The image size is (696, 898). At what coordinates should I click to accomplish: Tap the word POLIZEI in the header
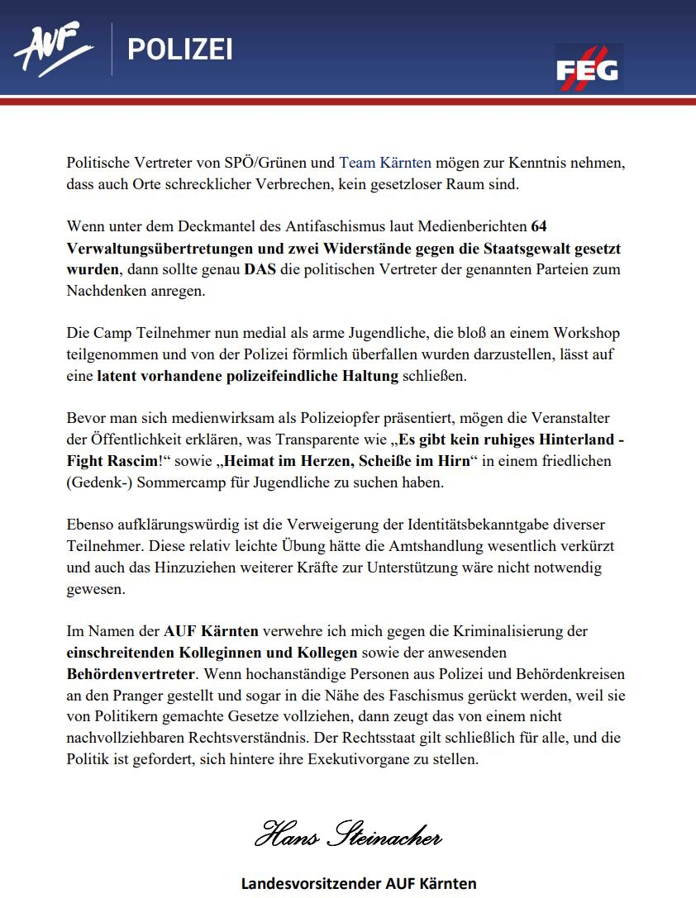tap(179, 50)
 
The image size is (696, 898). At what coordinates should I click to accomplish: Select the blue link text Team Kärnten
tap(385, 163)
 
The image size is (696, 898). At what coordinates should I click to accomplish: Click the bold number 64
tap(539, 226)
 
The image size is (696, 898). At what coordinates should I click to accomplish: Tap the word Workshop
tap(589, 334)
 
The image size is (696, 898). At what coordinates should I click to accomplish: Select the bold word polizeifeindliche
tap(322, 377)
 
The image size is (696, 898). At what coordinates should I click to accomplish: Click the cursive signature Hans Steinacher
tap(347, 836)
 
